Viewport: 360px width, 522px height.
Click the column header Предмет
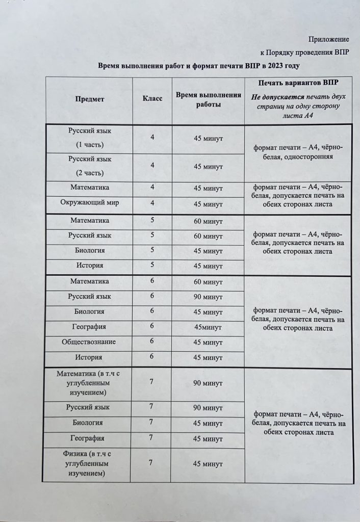tap(90, 99)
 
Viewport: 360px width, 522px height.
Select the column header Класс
tap(152, 99)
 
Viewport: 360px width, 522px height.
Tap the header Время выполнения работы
tap(208, 99)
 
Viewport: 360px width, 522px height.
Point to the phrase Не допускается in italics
tap(278, 96)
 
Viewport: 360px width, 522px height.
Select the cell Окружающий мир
tap(90, 203)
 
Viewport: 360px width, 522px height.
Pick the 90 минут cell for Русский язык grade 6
tap(208, 297)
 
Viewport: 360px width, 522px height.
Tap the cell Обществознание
tap(90, 342)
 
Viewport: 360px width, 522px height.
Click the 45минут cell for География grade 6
tap(208, 327)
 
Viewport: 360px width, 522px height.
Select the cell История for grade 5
tap(90, 265)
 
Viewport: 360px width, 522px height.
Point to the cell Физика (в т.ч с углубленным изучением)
tap(89, 463)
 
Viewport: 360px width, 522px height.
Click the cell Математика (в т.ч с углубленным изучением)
tap(89, 383)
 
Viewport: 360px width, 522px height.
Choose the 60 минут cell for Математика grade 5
tap(208, 222)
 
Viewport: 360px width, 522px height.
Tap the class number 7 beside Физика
tap(151, 462)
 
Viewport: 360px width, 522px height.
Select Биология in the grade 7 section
tap(90, 423)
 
